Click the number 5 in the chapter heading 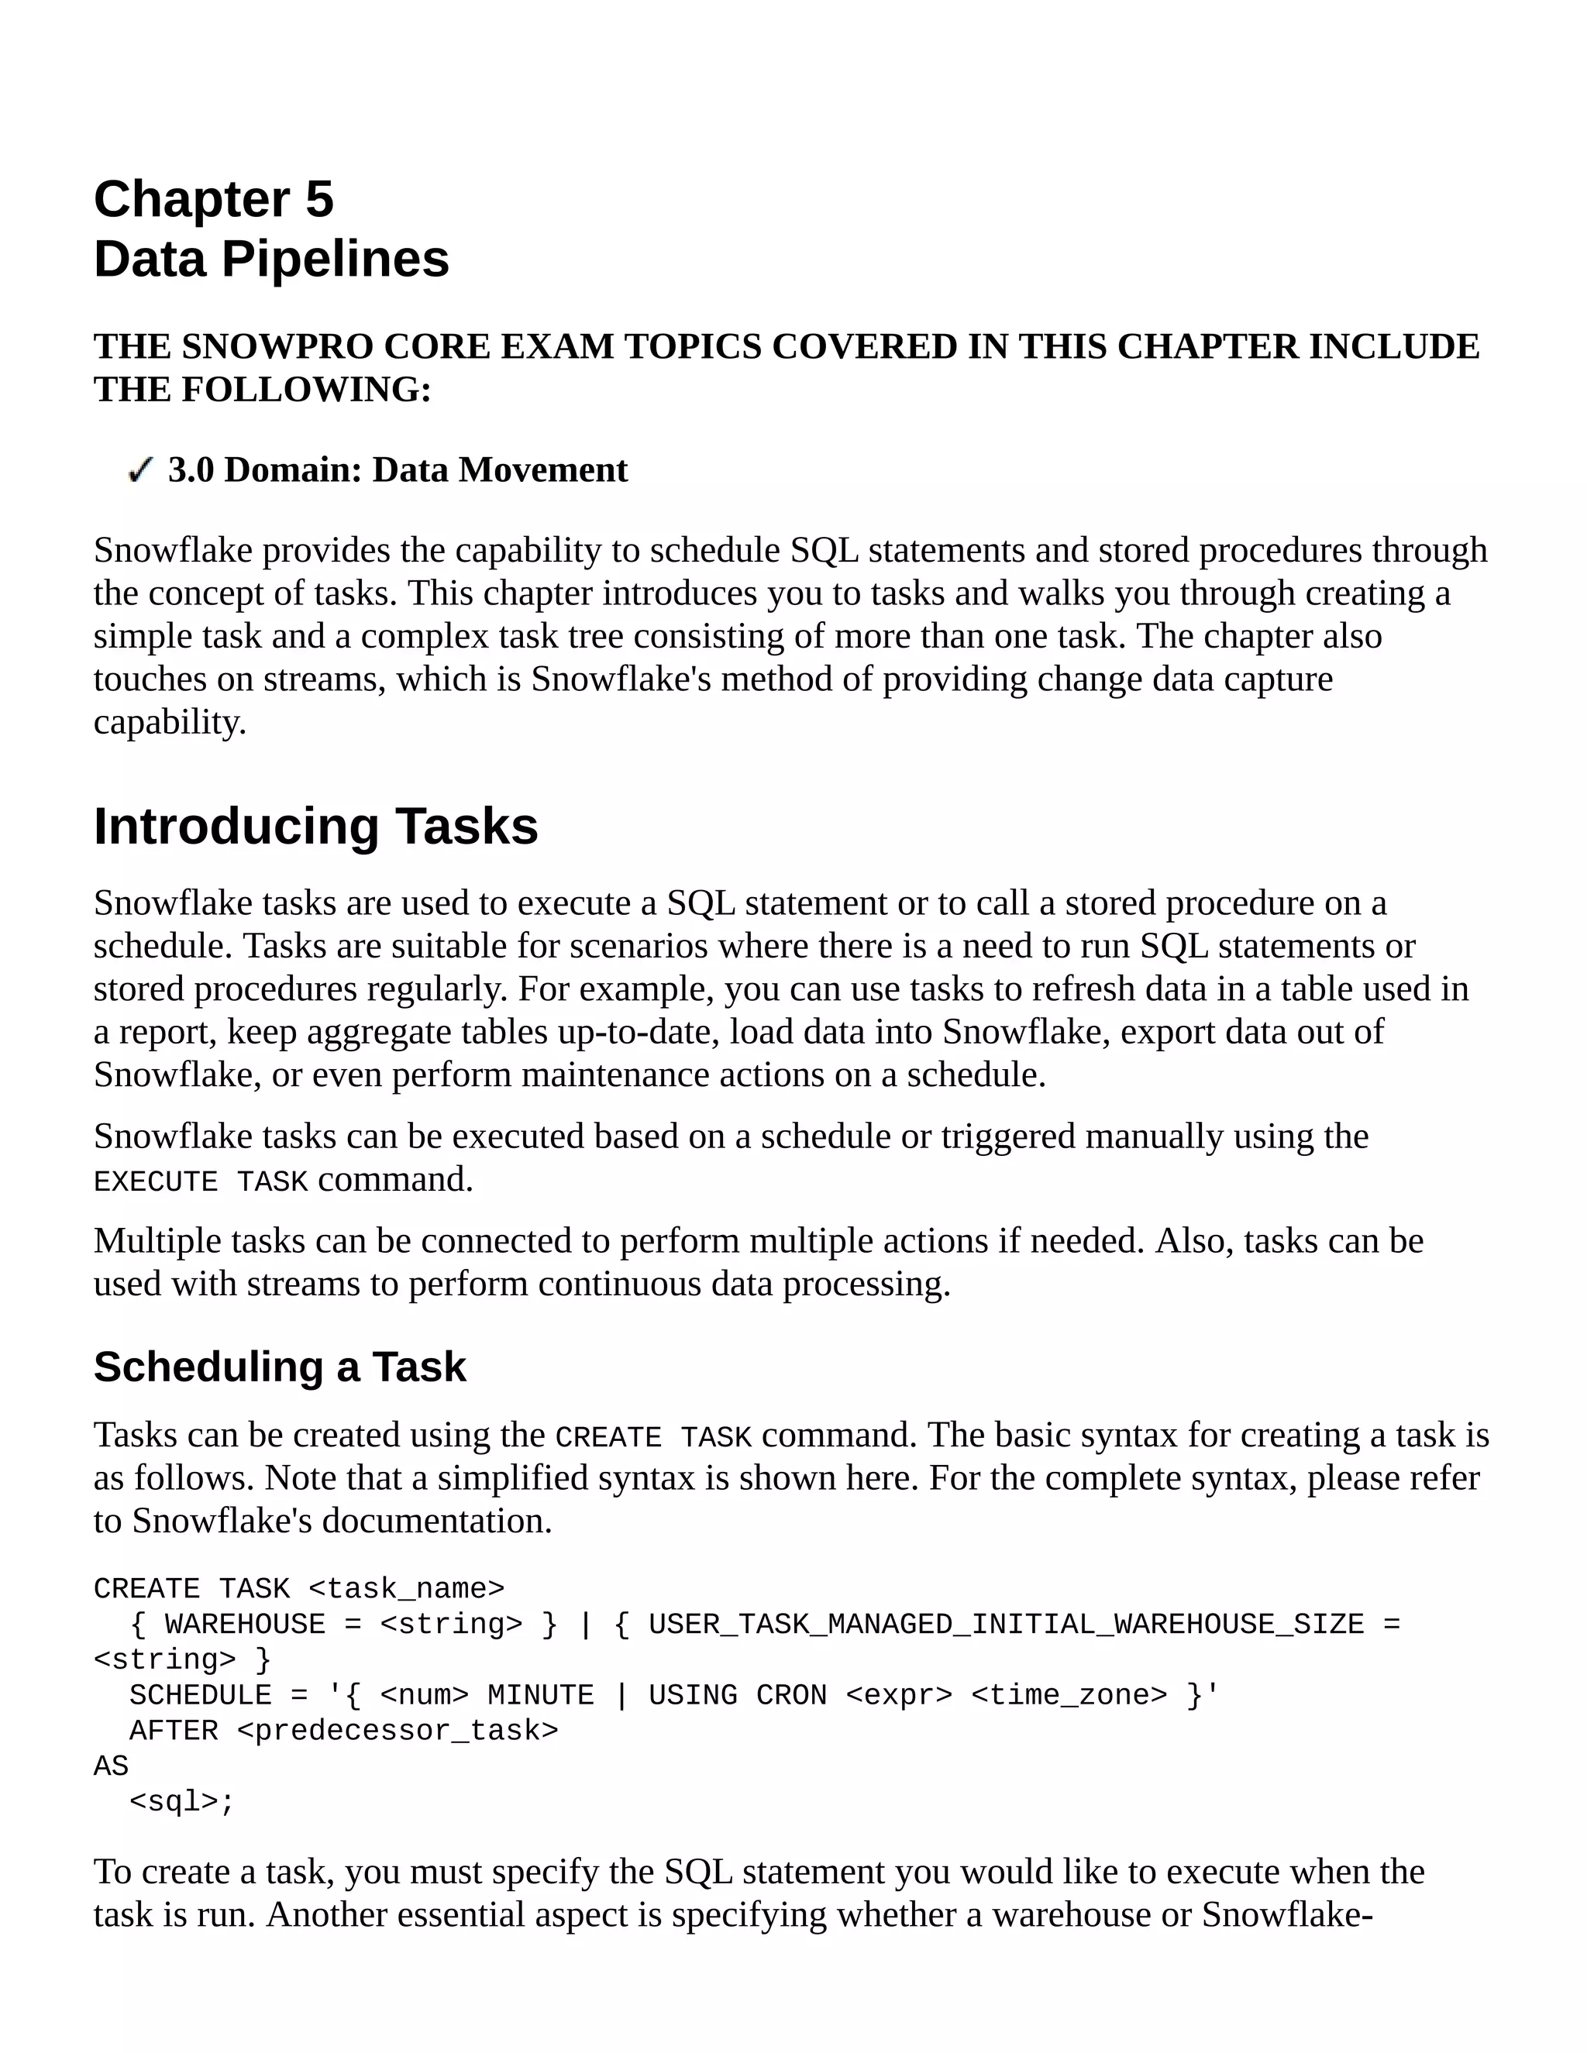pos(318,199)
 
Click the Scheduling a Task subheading pos(279,1367)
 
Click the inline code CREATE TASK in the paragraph pos(653,1437)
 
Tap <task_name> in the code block pos(406,1589)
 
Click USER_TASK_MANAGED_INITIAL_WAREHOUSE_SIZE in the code pos(1005,1625)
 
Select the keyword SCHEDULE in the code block pos(200,1695)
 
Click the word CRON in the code pos(790,1695)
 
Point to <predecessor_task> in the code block pos(398,1731)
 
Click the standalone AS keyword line pos(111,1766)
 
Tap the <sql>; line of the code pos(181,1802)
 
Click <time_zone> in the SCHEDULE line pos(1068,1695)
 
